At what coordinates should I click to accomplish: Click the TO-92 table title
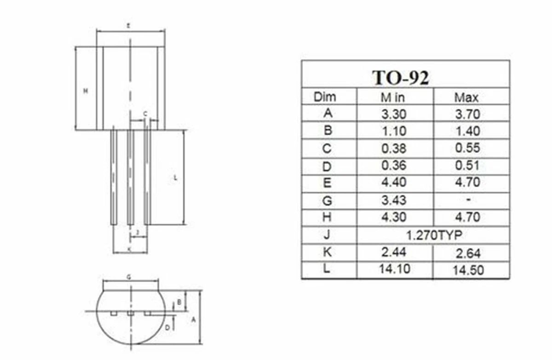[400, 77]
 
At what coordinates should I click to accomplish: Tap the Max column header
[466, 98]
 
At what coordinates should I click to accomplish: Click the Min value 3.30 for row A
[394, 114]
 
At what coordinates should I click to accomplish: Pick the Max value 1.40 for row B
[467, 131]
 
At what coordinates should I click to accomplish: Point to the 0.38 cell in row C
[394, 148]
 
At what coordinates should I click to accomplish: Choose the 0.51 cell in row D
[467, 165]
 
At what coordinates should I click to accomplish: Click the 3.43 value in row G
[394, 200]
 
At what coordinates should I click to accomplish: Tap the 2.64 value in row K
[467, 253]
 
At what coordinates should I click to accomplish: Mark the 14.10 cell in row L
[394, 269]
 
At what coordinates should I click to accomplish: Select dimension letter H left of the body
[85, 91]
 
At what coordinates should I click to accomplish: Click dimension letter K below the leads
[129, 249]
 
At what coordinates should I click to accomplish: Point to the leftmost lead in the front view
[114, 177]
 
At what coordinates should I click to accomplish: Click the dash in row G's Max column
[467, 200]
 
